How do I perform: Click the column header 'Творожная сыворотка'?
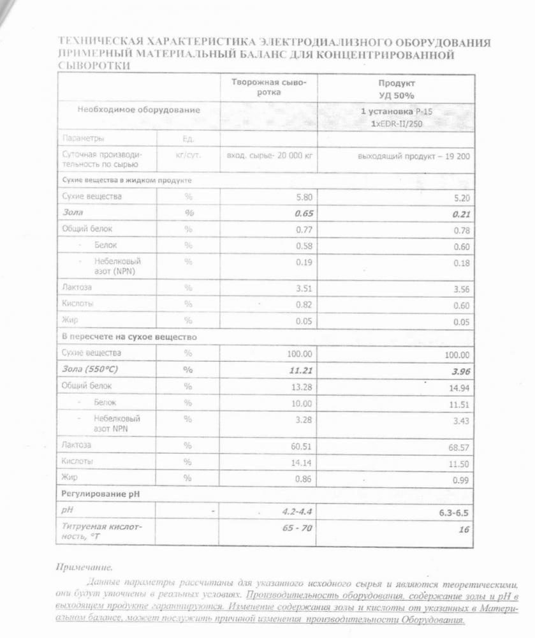click(x=268, y=87)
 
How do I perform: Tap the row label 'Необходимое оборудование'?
click(x=138, y=110)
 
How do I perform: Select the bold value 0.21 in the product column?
click(x=460, y=214)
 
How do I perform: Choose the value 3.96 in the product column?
click(x=458, y=371)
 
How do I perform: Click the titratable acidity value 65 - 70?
click(x=297, y=528)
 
